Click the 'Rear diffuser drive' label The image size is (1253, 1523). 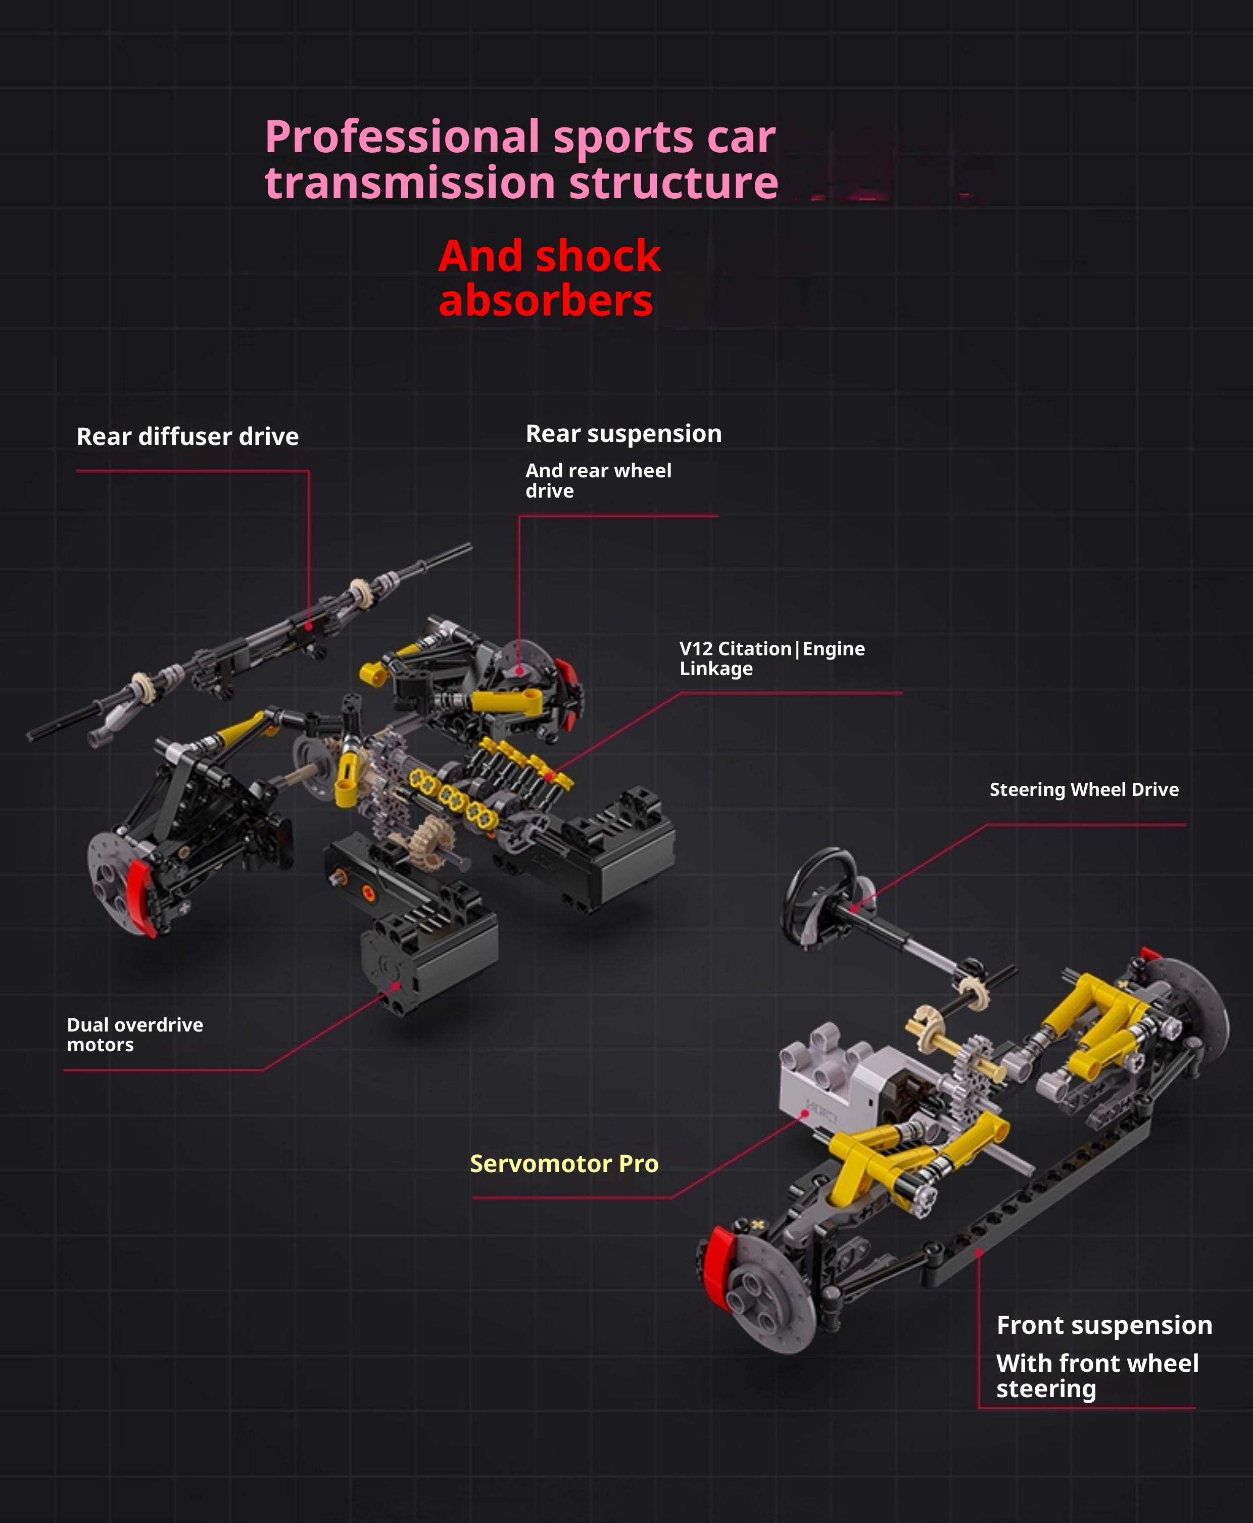(187, 437)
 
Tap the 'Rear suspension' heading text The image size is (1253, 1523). (623, 434)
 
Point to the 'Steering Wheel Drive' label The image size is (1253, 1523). (1084, 789)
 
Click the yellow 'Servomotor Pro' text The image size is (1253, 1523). (564, 1163)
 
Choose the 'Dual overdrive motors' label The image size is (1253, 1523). (135, 1035)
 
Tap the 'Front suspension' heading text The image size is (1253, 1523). (1104, 1325)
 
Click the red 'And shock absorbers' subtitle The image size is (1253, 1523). (549, 278)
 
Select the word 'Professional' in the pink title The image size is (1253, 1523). (402, 137)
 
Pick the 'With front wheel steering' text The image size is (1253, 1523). (1097, 1376)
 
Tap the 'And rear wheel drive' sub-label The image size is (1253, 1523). (598, 481)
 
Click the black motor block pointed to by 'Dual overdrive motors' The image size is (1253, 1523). (429, 950)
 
